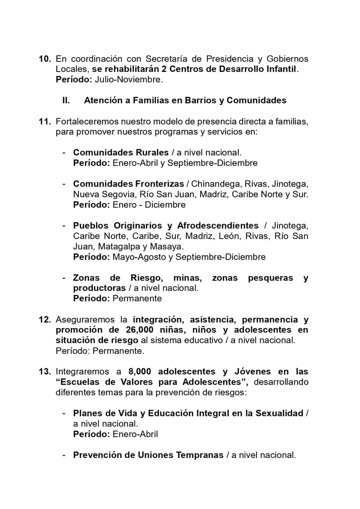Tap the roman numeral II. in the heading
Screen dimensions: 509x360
click(66, 100)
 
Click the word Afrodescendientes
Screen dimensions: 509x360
click(218, 225)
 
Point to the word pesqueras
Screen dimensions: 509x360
click(271, 278)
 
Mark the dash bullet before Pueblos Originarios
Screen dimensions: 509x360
click(64, 225)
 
